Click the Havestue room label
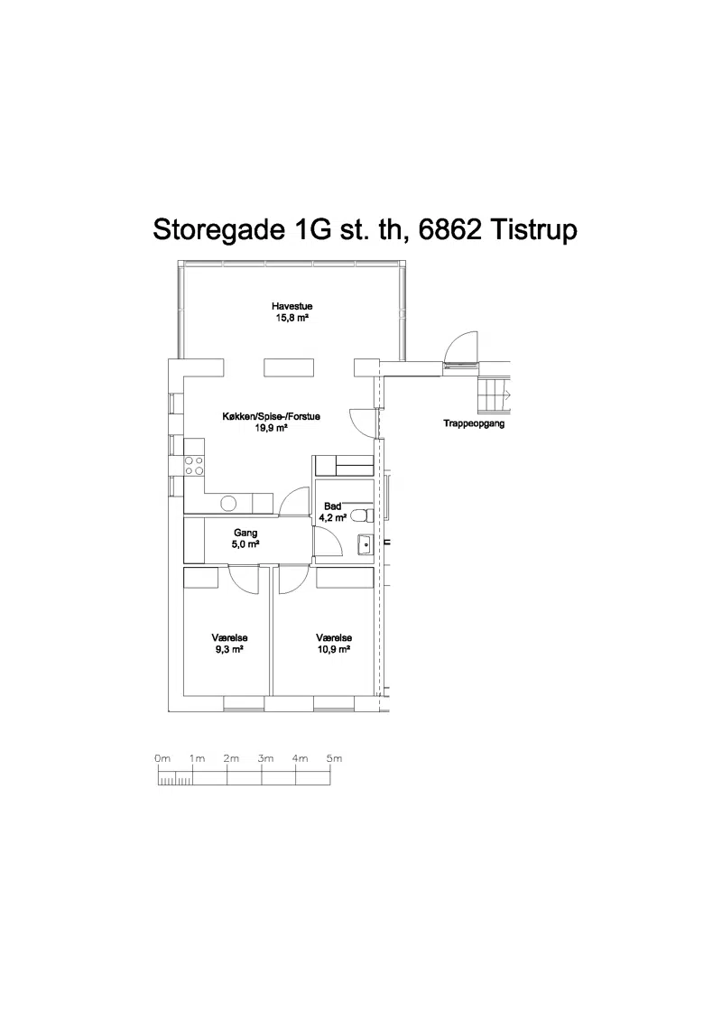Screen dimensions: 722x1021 [292, 306]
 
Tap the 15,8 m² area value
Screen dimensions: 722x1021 [292, 319]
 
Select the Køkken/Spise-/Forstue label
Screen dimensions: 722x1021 [271, 416]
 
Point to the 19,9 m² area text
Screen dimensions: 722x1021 [271, 428]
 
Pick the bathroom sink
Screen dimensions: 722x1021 [366, 543]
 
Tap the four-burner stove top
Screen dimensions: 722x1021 [193, 465]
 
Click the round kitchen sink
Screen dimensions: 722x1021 [228, 503]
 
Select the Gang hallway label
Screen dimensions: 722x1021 [245, 534]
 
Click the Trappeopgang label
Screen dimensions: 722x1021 [474, 424]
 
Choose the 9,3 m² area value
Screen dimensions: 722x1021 [229, 650]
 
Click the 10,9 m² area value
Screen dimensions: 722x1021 [334, 650]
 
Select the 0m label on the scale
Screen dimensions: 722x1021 [162, 758]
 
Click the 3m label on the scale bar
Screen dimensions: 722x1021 [265, 758]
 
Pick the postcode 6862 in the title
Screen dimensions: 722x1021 [449, 230]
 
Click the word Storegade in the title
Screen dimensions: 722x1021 [218, 230]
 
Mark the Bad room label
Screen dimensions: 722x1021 [333, 506]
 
